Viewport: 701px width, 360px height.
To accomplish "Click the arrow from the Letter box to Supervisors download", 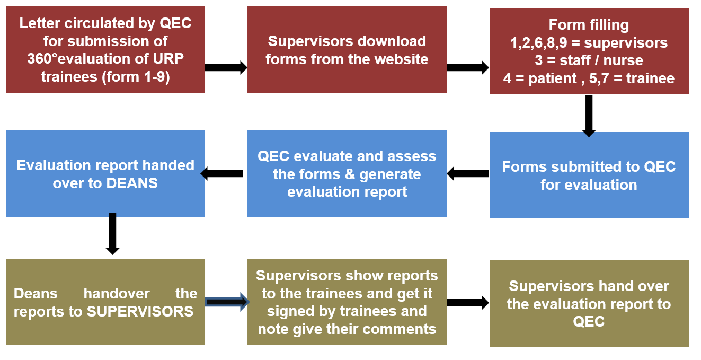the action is coord(226,68).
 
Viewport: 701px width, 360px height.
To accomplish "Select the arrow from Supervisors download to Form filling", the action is coord(468,68).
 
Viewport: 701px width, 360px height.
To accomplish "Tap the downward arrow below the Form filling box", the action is coord(589,116).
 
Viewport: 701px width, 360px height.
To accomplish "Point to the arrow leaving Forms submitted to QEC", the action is coord(468,174).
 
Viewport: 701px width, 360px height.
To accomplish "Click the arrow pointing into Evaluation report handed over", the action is coord(221,174).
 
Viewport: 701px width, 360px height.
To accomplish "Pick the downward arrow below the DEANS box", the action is coord(112,233).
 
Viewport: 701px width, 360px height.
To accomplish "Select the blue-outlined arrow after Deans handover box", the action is coord(227,302).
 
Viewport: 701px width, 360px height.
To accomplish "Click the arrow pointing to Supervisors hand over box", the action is coord(468,303).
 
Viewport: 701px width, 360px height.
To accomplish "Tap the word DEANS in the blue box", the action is coord(132,183).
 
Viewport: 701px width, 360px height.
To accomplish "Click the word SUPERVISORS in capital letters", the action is coord(140,311).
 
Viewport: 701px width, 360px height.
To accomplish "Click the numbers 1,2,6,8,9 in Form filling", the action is coord(538,43).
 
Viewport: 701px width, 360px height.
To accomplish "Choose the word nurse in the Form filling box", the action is coord(623,60).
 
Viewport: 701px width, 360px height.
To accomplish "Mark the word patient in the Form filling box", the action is coord(552,78).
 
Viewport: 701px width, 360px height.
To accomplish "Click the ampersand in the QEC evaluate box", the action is coord(349,174).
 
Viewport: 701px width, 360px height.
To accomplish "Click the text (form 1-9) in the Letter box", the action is coord(136,77).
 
